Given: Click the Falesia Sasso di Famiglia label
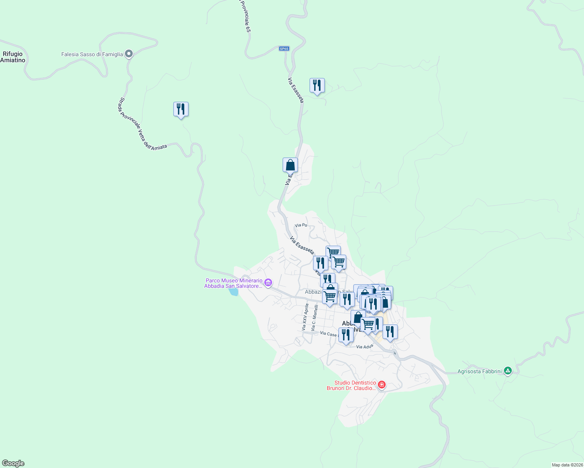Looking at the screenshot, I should (x=92, y=55).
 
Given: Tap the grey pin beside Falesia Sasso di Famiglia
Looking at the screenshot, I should (x=129, y=54).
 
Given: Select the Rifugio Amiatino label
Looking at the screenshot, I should (x=13, y=57).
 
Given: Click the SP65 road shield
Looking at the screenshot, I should (x=284, y=49).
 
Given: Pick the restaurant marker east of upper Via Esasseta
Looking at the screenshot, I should (x=317, y=86).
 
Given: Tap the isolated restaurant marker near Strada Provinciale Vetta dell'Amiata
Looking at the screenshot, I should (x=181, y=110).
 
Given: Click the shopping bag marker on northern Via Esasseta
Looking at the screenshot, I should (x=290, y=165).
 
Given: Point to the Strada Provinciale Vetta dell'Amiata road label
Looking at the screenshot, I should (x=142, y=124).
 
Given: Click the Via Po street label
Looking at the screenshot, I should (x=301, y=225).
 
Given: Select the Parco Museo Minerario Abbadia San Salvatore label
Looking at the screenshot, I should (x=233, y=283).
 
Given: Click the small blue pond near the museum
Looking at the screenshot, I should (x=233, y=292).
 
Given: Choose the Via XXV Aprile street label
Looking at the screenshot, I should (x=305, y=317).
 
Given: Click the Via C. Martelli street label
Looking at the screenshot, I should (x=314, y=318).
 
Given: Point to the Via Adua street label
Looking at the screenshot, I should (x=365, y=347).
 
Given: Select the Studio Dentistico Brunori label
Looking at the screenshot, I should (x=351, y=385).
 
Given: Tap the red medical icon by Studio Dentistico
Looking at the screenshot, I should (x=382, y=385).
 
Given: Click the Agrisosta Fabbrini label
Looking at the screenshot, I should (x=479, y=371).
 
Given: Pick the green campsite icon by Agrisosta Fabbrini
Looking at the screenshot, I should (x=507, y=371).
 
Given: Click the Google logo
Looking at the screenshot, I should (x=13, y=463).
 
